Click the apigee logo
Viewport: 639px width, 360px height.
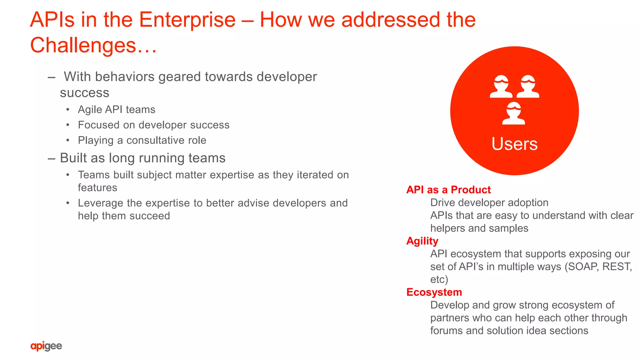[46, 346]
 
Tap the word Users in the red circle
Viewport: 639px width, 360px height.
[515, 144]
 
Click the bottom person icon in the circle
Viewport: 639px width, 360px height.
[514, 113]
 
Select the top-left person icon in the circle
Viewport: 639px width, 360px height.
[501, 86]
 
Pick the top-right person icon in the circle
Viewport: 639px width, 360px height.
[528, 86]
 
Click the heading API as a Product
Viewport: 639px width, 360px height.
[448, 190]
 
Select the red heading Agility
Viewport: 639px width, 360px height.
[422, 241]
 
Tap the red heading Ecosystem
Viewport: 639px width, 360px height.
[434, 292]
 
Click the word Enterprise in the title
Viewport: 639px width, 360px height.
[187, 20]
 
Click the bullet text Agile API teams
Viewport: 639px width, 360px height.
[116, 110]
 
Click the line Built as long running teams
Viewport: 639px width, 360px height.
[143, 158]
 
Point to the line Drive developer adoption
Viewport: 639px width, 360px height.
[489, 203]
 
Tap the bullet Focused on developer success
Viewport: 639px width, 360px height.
[154, 125]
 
